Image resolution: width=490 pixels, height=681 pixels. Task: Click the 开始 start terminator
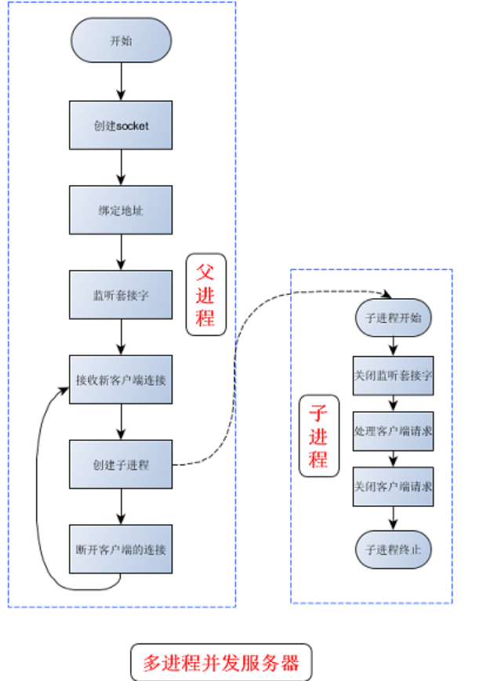pyautogui.click(x=121, y=39)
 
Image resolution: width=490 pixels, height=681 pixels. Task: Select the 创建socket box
pyautogui.click(x=121, y=125)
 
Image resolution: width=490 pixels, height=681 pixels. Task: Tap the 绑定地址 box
pyautogui.click(x=121, y=210)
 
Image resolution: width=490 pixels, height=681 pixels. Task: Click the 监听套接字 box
pyautogui.click(x=121, y=295)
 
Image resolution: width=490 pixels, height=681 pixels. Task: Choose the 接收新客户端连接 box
pyautogui.click(x=121, y=380)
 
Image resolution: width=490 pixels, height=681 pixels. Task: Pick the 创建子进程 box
pyautogui.click(x=121, y=464)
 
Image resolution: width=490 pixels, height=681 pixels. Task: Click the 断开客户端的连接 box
pyautogui.click(x=121, y=549)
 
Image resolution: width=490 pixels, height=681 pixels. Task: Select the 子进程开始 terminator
pyautogui.click(x=393, y=319)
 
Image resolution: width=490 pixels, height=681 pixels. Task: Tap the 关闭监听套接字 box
pyautogui.click(x=393, y=375)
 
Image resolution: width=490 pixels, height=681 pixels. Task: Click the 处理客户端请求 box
pyautogui.click(x=393, y=431)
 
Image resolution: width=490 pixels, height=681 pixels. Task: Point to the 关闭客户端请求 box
pyautogui.click(x=393, y=486)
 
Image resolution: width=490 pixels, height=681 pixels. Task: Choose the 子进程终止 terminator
pyautogui.click(x=393, y=549)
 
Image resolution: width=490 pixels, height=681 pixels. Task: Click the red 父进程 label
pyautogui.click(x=205, y=295)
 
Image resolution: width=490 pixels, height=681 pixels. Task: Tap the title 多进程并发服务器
pyautogui.click(x=220, y=663)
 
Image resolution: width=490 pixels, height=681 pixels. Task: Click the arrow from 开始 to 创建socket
pyautogui.click(x=121, y=81)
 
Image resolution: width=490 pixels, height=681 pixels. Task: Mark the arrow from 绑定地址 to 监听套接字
pyautogui.click(x=121, y=253)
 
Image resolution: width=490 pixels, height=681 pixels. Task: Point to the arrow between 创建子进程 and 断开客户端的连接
pyautogui.click(x=121, y=507)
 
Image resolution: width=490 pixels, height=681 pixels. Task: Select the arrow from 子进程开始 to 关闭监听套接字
pyautogui.click(x=393, y=347)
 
